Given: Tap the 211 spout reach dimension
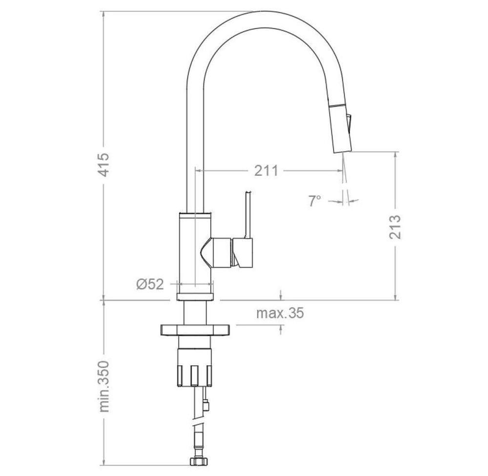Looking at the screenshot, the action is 266,171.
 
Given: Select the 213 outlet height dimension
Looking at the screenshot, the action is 395,226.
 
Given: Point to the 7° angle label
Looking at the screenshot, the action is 315,200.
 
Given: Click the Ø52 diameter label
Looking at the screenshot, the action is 150,284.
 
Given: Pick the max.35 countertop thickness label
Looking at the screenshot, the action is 280,313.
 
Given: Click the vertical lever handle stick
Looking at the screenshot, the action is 248,215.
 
